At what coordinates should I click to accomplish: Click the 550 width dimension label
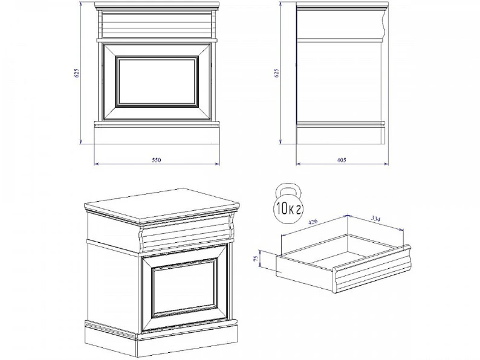point(156,160)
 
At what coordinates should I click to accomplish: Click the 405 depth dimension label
point(342,160)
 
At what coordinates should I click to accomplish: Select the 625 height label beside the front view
point(77,73)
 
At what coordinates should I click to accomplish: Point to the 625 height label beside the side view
point(277,73)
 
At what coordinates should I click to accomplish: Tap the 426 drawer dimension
point(313,222)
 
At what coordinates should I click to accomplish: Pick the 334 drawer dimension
point(375,219)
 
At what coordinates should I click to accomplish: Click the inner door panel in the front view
point(157,82)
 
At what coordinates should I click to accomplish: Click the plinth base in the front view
point(157,135)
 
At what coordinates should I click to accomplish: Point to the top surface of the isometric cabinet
point(161,204)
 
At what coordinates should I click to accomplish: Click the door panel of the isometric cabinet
point(186,289)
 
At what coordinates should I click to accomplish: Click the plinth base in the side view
point(340,135)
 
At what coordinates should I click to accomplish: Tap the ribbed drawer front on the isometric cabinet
point(186,234)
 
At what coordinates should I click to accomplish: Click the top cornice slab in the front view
point(157,5)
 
